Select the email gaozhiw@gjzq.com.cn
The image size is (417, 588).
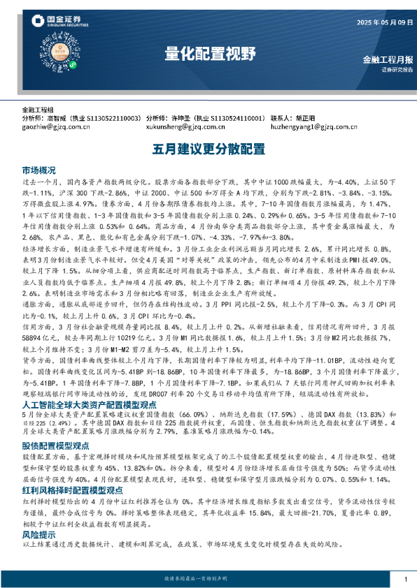click(56, 127)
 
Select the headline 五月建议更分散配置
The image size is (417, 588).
click(208, 148)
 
